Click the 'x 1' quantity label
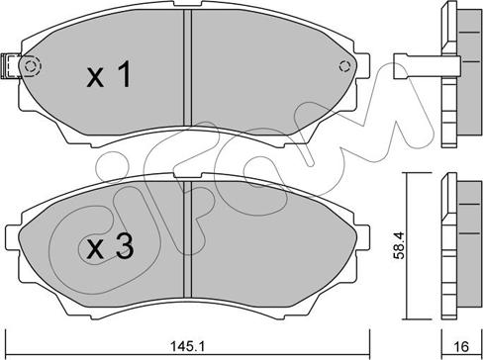[108, 76]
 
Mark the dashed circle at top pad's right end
[344, 67]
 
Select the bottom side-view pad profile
[456, 238]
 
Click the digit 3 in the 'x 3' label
[125, 249]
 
